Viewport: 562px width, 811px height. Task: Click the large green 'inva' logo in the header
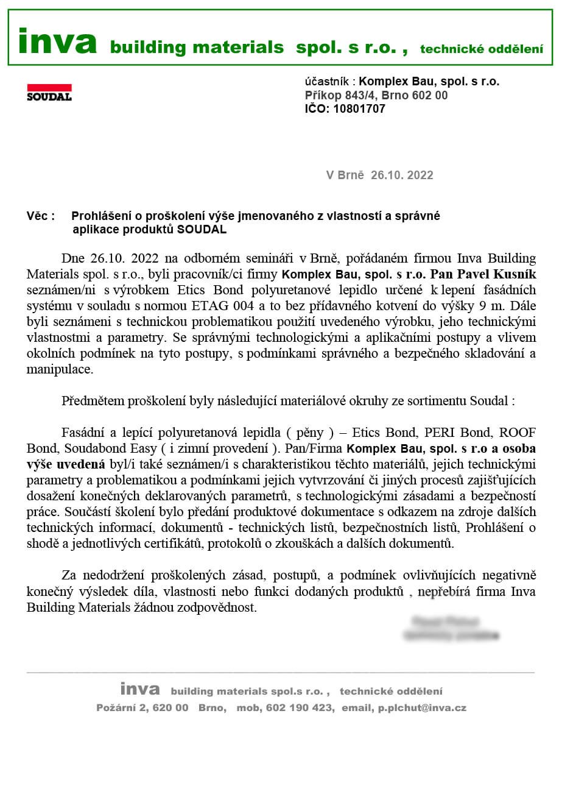click(x=57, y=41)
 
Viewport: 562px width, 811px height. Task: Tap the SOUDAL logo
click(x=49, y=93)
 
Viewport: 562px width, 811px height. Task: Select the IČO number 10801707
click(x=359, y=109)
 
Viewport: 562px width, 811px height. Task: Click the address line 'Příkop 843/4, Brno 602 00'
click(x=376, y=95)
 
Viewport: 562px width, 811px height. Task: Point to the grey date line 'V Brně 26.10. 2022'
click(x=379, y=175)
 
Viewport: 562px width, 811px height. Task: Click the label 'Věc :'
click(x=41, y=216)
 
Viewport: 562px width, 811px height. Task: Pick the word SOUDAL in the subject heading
click(x=202, y=230)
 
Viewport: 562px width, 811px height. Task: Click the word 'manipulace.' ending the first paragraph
click(x=60, y=369)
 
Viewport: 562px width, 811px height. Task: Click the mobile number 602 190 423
click(x=300, y=708)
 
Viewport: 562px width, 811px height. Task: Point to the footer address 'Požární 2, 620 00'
click(x=142, y=708)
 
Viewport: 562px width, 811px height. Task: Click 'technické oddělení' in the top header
click(x=481, y=49)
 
